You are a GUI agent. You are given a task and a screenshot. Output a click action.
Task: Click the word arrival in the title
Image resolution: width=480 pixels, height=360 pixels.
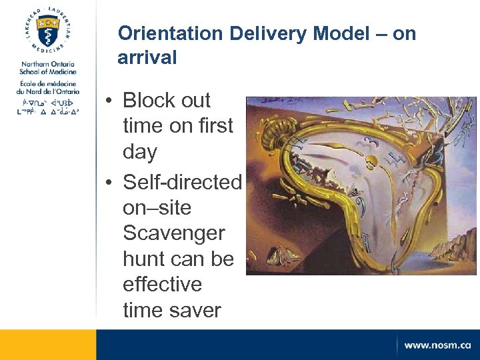147,58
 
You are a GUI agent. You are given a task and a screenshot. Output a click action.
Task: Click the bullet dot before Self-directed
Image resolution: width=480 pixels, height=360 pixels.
108,182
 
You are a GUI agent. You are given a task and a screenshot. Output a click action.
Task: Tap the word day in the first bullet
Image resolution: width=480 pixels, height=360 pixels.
140,153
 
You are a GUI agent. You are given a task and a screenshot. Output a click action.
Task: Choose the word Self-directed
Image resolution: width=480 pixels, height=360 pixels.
182,181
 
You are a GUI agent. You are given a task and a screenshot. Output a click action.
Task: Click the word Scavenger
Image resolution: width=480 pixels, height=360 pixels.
174,233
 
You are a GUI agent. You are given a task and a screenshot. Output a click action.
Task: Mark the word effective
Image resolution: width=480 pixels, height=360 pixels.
162,284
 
